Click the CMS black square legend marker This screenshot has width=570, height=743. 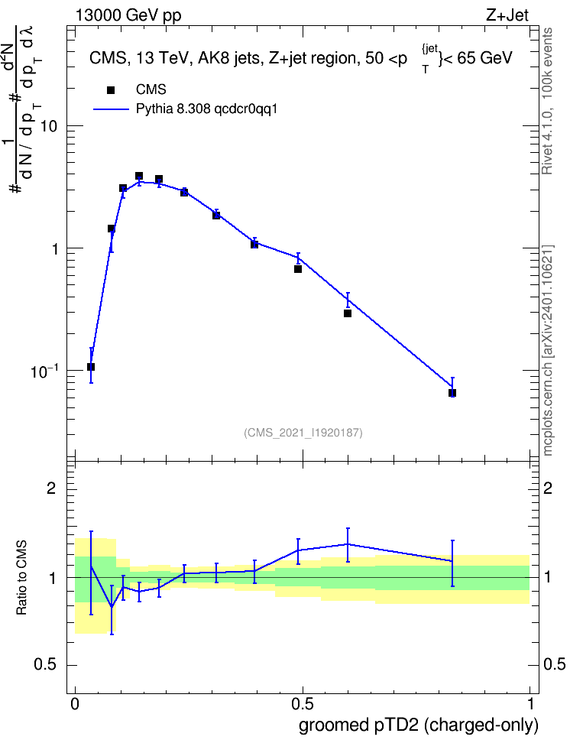[111, 89]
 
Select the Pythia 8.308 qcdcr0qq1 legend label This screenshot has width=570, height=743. [206, 109]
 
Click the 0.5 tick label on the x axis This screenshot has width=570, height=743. [303, 704]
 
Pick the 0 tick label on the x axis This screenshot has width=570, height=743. [75, 704]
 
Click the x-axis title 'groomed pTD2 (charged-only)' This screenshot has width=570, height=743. [419, 725]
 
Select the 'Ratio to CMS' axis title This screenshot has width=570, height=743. [21, 578]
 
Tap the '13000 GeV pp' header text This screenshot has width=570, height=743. [128, 15]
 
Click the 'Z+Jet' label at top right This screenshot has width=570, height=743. [507, 15]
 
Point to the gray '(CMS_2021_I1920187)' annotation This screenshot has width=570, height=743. [303, 433]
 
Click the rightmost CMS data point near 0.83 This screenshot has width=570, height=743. [452, 393]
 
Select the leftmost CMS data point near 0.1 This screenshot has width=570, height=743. [91, 367]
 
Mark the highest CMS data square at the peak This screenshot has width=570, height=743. [139, 176]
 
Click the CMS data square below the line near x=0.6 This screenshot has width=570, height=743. [348, 313]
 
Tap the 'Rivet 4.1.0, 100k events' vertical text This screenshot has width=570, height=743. [547, 101]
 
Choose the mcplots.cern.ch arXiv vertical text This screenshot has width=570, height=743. [547, 351]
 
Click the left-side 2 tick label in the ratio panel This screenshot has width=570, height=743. [51, 488]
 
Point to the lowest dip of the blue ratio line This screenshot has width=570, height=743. [112, 607]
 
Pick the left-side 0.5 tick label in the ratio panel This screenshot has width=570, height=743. [46, 665]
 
